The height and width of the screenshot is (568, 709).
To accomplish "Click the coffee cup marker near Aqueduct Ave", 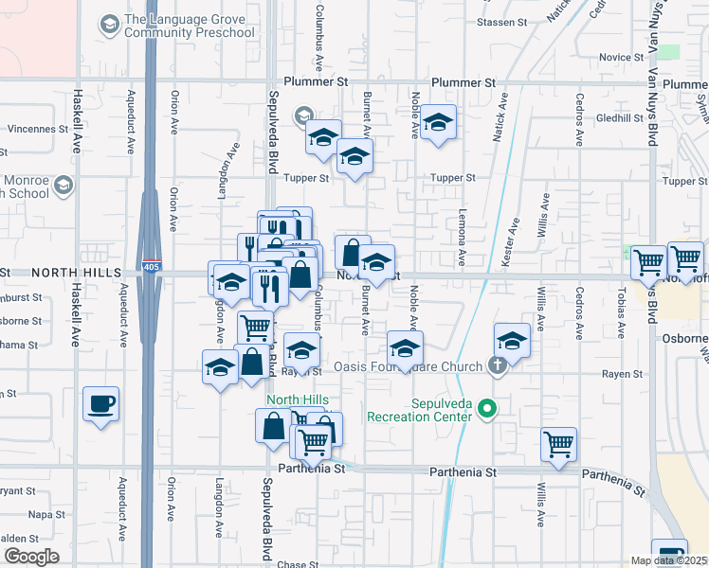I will [x=101, y=404].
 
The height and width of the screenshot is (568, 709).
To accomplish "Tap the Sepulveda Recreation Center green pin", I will [x=488, y=410].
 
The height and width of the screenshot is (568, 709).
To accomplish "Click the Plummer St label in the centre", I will [x=464, y=83].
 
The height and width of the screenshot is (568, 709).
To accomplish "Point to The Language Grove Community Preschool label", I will [x=190, y=27].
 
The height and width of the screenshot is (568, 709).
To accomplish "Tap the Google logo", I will [x=31, y=557].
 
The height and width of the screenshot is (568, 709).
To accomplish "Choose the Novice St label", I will [x=622, y=57].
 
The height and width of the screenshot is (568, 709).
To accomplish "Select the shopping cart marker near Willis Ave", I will [x=559, y=443].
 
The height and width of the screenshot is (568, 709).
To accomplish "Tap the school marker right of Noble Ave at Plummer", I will [x=438, y=122].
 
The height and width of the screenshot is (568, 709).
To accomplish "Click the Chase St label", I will [x=298, y=565].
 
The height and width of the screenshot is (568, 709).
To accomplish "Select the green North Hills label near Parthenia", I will [x=297, y=399].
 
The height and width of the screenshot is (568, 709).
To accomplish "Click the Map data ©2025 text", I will [x=668, y=560].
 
